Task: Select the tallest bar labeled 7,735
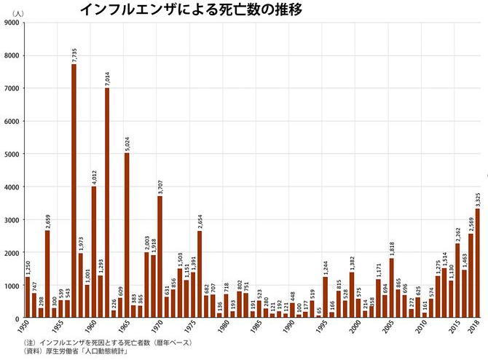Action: click(74, 191)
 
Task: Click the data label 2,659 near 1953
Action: click(47, 219)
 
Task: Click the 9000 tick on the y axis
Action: click(12, 23)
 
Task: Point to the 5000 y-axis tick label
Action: click(12, 154)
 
